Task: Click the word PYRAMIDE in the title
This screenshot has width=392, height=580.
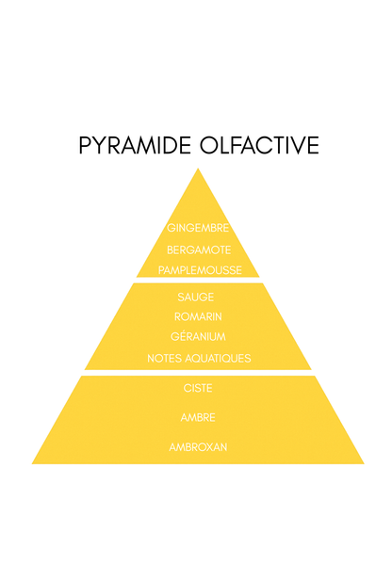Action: pos(135,145)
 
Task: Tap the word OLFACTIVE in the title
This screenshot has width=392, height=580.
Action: pos(259,145)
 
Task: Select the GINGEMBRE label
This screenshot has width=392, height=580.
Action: pos(198,228)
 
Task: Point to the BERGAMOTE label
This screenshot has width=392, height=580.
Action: pos(199,250)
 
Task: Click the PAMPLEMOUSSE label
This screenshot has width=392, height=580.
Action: pos(200,270)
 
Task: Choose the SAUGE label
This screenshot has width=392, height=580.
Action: pos(195,297)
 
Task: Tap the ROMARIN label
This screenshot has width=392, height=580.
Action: pos(198,316)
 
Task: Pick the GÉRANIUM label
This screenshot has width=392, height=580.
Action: pos(198,336)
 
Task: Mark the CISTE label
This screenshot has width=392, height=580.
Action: pos(198,388)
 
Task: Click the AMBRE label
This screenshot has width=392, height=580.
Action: pos(198,418)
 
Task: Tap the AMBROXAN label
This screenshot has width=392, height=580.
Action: pos(198,447)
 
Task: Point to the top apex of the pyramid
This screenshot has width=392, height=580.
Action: pos(198,169)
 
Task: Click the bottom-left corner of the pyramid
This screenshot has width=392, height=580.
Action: pos(32,464)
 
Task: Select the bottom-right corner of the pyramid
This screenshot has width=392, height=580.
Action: pos(364,464)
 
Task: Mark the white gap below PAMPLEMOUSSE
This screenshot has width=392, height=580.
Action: pos(198,280)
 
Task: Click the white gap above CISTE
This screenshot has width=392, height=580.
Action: pos(198,373)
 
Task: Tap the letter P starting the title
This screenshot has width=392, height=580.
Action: pos(85,145)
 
